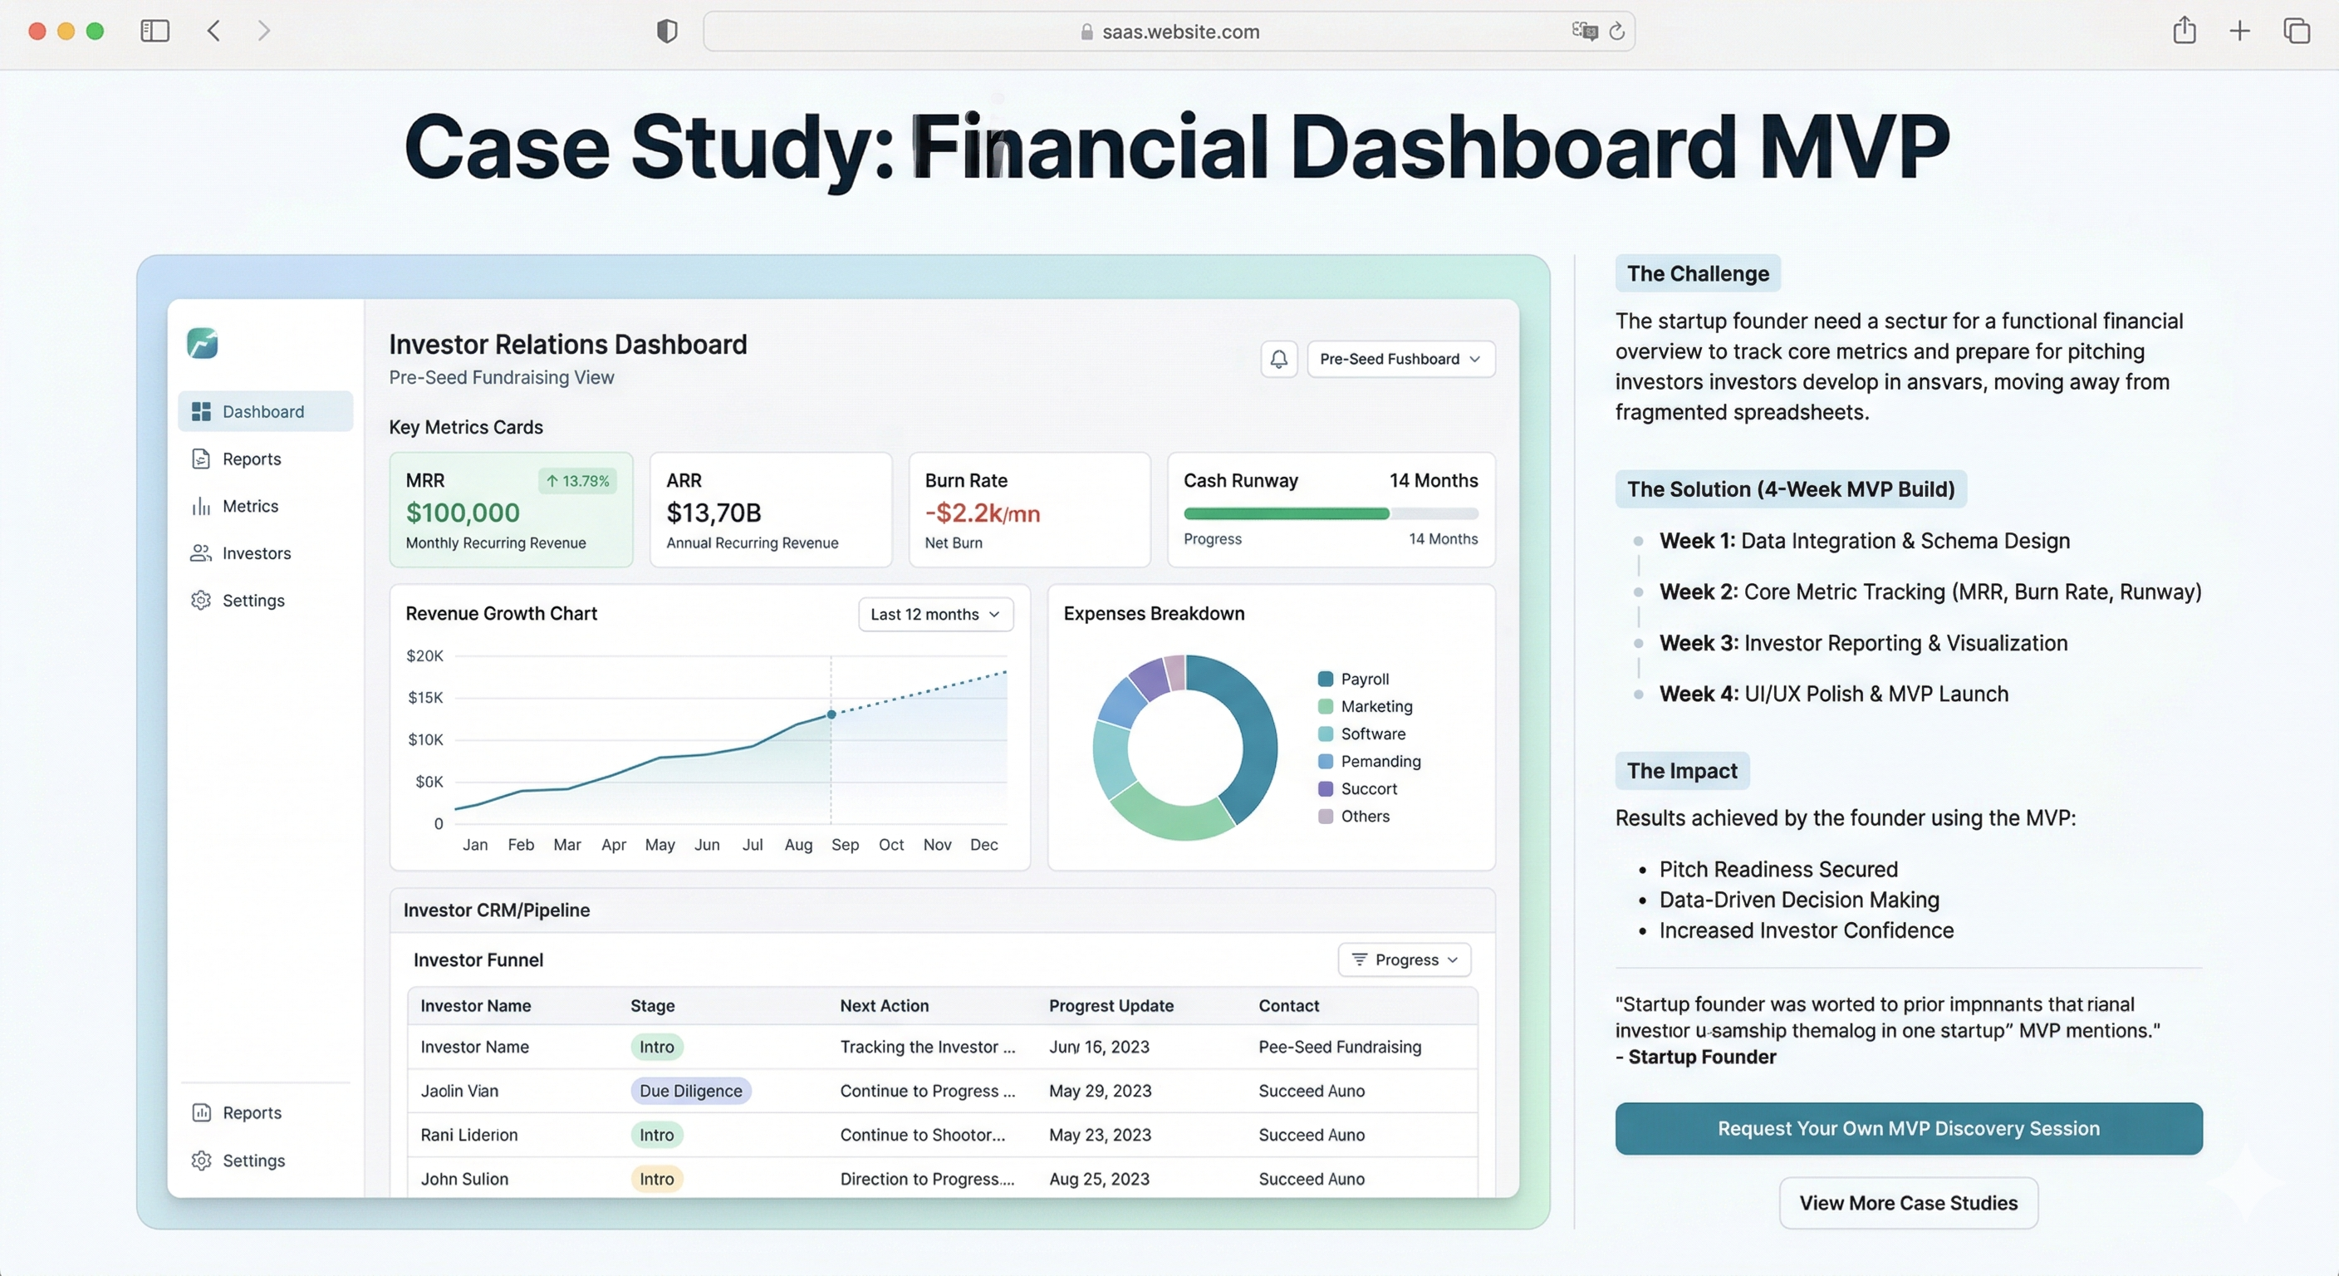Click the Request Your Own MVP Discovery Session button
pyautogui.click(x=1908, y=1128)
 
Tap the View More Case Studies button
pyautogui.click(x=1908, y=1202)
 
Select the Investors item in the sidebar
pyautogui.click(x=255, y=553)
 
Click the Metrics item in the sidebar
pyautogui.click(x=250, y=506)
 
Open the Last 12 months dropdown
pyautogui.click(x=934, y=614)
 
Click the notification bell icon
pyautogui.click(x=1278, y=359)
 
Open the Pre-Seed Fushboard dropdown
pyautogui.click(x=1400, y=359)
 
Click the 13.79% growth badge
pyautogui.click(x=577, y=480)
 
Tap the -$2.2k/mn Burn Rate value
pyautogui.click(x=982, y=513)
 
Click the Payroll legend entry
pyautogui.click(x=1363, y=679)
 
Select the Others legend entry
pyautogui.click(x=1364, y=816)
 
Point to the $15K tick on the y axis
pyautogui.click(x=425, y=698)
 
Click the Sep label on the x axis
pyautogui.click(x=845, y=845)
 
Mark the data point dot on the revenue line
pyautogui.click(x=831, y=714)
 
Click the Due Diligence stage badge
pyautogui.click(x=690, y=1091)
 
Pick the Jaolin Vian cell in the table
pyautogui.click(x=459, y=1091)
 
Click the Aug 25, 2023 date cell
pyautogui.click(x=1099, y=1179)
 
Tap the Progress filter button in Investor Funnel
pyautogui.click(x=1404, y=960)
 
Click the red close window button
pyautogui.click(x=37, y=31)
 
